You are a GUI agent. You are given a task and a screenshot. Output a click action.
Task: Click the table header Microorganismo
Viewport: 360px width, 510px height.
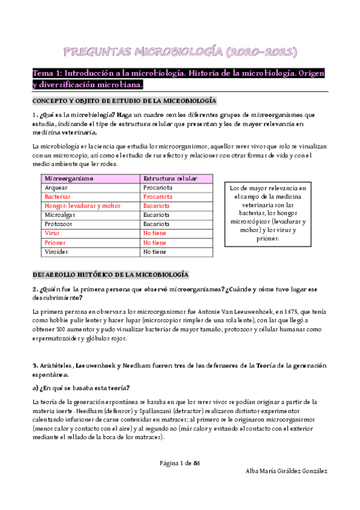(66, 179)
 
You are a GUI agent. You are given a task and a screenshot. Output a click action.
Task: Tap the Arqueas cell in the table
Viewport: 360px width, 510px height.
(56, 188)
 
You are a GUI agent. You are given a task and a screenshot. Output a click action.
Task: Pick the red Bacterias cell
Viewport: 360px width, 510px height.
(58, 197)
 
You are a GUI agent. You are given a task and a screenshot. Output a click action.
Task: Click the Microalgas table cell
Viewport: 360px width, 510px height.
(61, 215)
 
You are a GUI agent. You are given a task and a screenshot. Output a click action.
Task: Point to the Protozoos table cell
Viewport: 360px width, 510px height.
(60, 224)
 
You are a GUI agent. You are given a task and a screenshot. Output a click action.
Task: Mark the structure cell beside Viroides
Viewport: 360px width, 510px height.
(154, 251)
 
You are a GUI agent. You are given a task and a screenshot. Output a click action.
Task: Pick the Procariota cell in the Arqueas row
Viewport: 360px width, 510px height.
(157, 188)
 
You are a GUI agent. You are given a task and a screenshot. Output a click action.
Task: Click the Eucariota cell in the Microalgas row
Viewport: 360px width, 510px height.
(156, 215)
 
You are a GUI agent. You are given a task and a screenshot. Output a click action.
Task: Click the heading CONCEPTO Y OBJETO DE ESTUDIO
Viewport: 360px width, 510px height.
(124, 100)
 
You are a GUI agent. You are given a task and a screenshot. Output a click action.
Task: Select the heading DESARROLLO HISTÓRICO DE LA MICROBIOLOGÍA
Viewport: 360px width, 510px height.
(111, 274)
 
